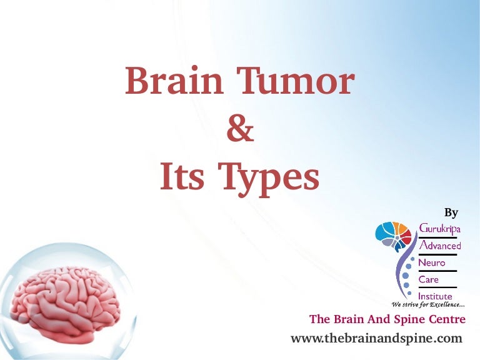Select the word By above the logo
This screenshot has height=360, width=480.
click(x=451, y=212)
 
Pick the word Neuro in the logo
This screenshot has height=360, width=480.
click(x=432, y=262)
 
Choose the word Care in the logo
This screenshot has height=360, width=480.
click(x=429, y=279)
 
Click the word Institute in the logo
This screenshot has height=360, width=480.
click(x=436, y=296)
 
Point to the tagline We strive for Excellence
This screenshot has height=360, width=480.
click(x=427, y=304)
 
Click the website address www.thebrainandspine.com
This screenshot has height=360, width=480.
click(x=376, y=338)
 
